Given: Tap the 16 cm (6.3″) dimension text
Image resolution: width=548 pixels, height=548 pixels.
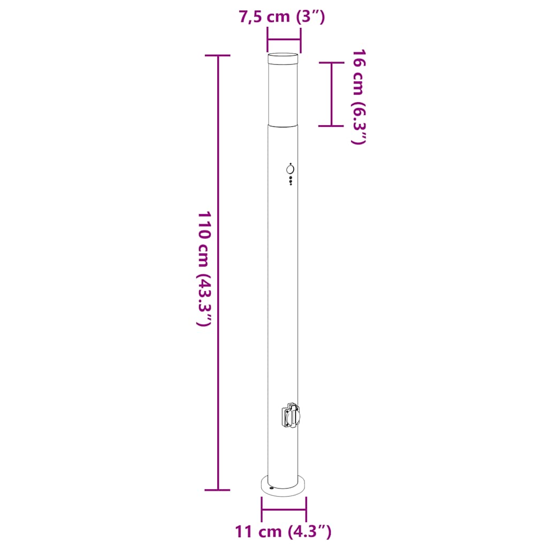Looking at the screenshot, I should pos(359,96).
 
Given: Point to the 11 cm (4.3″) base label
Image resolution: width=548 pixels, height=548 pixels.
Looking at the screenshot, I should pos(283,532).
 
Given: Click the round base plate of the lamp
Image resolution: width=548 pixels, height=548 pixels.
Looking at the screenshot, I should pos(284,484).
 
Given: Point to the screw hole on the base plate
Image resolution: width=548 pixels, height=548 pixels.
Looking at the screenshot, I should pos(272,488).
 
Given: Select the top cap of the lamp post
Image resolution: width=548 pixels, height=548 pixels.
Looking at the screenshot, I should pos(284,58).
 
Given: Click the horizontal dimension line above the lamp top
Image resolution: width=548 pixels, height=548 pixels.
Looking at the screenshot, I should pos(284,40).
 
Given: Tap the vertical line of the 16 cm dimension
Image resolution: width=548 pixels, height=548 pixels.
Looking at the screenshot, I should pos(331,94).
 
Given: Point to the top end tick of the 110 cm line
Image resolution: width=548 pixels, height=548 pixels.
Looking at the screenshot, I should pos(218,56).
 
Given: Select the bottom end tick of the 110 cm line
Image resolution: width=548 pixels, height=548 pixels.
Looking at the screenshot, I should pos(218,490).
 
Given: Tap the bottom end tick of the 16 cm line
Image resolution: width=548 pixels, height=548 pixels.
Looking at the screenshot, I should pos(331,126).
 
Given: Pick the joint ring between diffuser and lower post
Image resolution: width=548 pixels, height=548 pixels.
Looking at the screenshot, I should pos(284,124).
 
